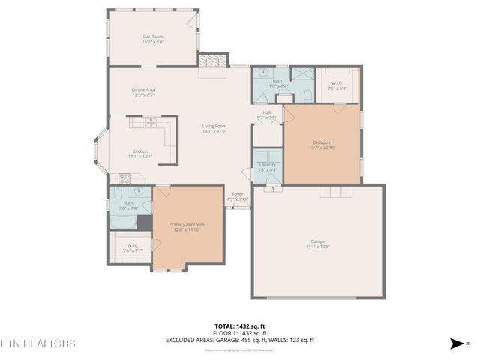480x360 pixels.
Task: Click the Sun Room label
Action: [x=153, y=37]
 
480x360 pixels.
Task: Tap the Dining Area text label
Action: [x=142, y=90]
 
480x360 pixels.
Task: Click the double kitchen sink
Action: [x=149, y=122]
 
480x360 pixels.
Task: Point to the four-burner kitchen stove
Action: [x=124, y=179]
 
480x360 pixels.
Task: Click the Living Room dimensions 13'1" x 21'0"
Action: [x=214, y=132]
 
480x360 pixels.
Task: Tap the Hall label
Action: [x=266, y=112]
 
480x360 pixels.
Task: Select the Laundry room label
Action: [x=268, y=164]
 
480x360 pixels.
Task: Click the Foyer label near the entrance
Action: [x=238, y=194]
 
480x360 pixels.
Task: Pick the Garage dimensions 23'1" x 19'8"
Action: [x=318, y=247]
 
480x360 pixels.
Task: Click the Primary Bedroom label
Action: [x=188, y=224]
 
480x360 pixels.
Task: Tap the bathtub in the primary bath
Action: [x=122, y=223]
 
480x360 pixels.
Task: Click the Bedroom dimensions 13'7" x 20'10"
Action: [x=322, y=148]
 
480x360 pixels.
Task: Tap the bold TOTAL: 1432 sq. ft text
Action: [x=240, y=326]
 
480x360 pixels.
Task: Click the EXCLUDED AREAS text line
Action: [x=240, y=340]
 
